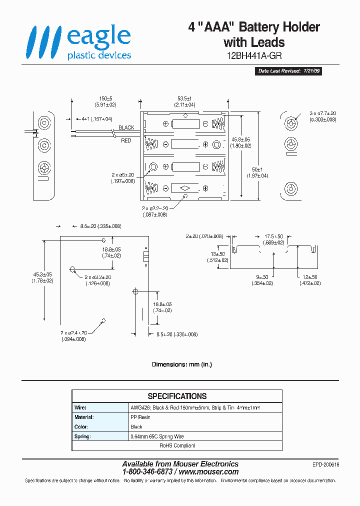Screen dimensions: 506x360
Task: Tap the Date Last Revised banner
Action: click(x=289, y=71)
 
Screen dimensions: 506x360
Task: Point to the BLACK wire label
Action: click(x=126, y=127)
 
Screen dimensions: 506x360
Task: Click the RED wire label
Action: click(x=126, y=140)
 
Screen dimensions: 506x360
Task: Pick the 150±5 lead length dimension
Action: click(x=105, y=98)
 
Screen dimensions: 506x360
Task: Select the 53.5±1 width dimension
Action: click(x=185, y=98)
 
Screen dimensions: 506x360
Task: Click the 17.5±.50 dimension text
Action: click(x=273, y=236)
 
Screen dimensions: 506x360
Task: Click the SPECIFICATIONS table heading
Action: click(x=177, y=396)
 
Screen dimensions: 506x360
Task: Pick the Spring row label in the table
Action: click(x=82, y=436)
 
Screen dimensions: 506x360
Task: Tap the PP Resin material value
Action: click(x=140, y=417)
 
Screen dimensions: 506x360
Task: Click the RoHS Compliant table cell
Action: click(x=177, y=445)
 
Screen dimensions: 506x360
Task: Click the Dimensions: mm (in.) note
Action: click(x=182, y=364)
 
